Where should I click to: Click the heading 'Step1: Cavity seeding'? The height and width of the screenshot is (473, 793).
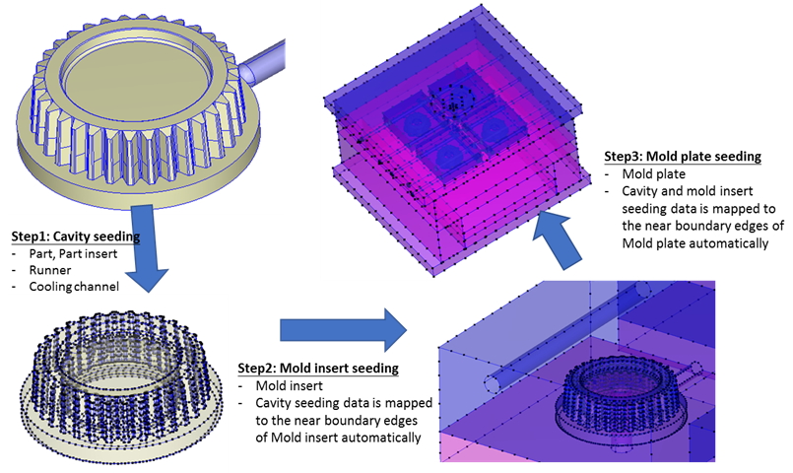click(x=76, y=236)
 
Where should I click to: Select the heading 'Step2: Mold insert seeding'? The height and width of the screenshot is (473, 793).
click(x=318, y=368)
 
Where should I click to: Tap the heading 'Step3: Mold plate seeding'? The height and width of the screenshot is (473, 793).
click(x=683, y=157)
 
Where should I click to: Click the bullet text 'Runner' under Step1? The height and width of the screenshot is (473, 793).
click(x=49, y=270)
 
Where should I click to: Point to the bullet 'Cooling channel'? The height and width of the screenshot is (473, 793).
click(x=74, y=287)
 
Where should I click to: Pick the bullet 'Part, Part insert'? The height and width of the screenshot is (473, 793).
click(x=73, y=253)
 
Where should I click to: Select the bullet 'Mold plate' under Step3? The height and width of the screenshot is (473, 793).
click(x=654, y=174)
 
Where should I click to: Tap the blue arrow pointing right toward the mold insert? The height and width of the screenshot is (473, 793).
click(x=344, y=330)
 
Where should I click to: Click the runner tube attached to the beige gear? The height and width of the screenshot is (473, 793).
click(x=262, y=62)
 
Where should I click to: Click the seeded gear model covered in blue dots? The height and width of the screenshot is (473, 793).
click(x=121, y=380)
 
